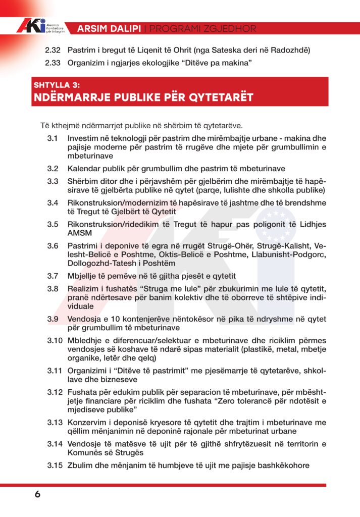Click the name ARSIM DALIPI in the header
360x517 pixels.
point(109,29)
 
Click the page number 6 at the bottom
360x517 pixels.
point(37,494)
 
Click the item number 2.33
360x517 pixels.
point(53,63)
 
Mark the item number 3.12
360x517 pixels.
point(55,392)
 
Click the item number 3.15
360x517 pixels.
point(55,465)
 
